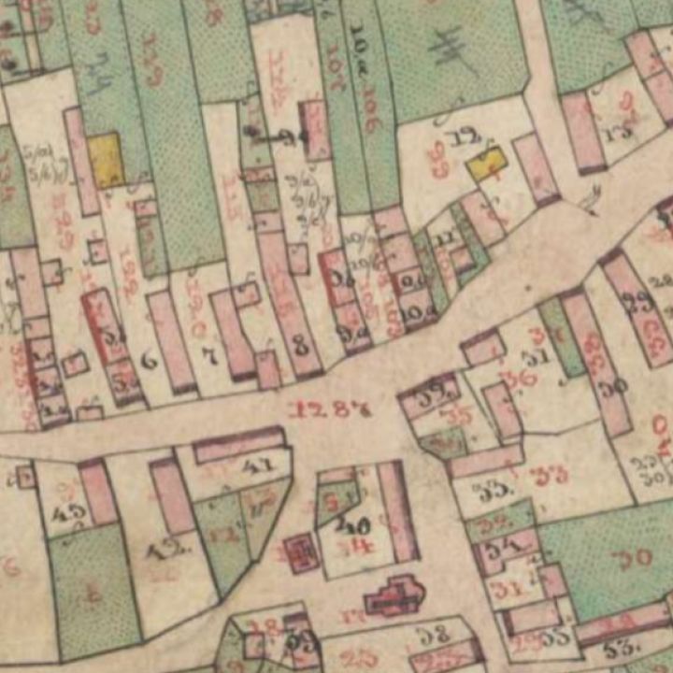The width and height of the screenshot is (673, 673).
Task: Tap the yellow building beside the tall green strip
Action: [106, 159]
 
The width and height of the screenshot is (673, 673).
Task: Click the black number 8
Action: [300, 344]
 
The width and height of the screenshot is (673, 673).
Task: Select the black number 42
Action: [165, 551]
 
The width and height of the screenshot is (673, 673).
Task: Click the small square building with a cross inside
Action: [301, 552]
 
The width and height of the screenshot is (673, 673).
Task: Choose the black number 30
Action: [612, 385]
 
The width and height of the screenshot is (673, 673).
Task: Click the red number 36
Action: [523, 378]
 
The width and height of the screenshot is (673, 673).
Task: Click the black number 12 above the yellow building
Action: [459, 138]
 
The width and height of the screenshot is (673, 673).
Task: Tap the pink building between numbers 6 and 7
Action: [172, 340]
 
